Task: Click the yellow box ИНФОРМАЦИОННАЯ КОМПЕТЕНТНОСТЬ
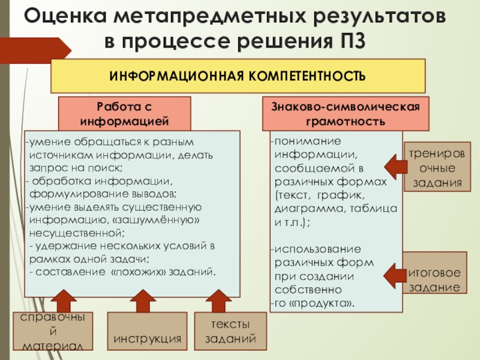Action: coord(238,76)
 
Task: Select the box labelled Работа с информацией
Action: coord(124,113)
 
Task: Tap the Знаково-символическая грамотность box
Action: coord(346,113)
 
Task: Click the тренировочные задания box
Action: coord(436,166)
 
